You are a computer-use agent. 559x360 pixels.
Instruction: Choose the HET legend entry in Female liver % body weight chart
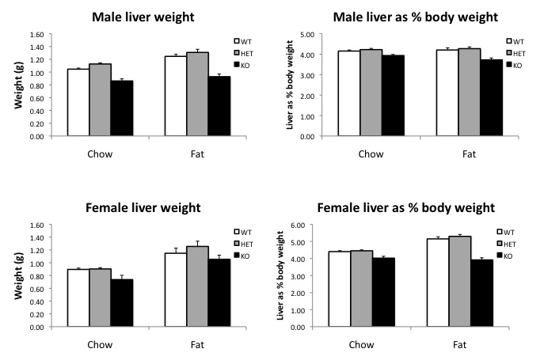[x=518, y=241]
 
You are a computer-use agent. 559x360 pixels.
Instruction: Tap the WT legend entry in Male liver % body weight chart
[x=518, y=40]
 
